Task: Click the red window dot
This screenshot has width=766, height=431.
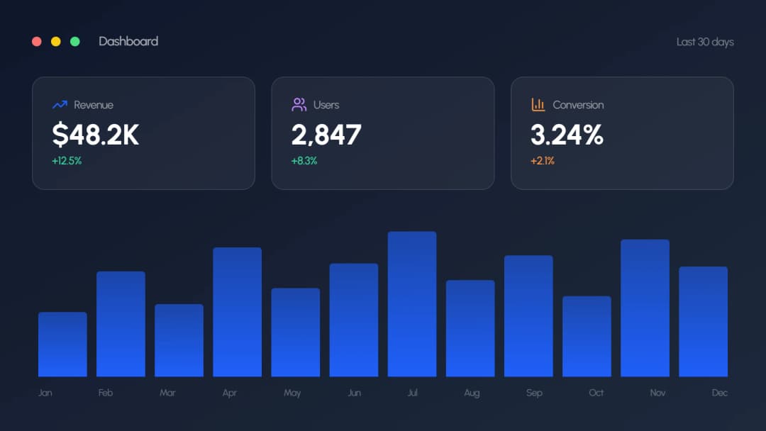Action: point(37,42)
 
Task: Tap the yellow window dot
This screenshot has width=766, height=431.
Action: point(56,42)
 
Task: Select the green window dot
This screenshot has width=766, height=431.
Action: point(75,42)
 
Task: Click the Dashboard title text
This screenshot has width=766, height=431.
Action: point(128,41)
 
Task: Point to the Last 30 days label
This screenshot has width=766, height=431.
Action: point(705,42)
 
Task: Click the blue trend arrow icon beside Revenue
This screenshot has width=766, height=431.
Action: point(60,105)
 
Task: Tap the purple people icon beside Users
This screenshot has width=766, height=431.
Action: point(299,105)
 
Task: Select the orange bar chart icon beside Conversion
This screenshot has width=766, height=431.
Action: point(538,105)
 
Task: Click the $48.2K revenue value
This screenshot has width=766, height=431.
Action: point(96,135)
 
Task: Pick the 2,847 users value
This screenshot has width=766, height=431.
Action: point(326,135)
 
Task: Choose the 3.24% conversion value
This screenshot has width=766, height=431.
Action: point(567,135)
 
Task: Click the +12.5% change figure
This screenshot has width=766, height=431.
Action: point(67,161)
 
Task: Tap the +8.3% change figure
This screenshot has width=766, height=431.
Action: point(304,161)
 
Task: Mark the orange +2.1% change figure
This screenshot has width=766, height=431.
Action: point(543,161)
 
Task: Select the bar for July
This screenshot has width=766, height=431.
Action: point(412,304)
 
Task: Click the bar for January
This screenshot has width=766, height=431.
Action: point(62,345)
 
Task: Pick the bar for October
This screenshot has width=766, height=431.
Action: point(587,337)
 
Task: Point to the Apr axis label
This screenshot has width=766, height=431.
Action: point(229,393)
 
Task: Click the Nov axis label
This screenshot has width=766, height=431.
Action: point(657,393)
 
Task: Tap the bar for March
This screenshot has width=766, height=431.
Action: point(179,340)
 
